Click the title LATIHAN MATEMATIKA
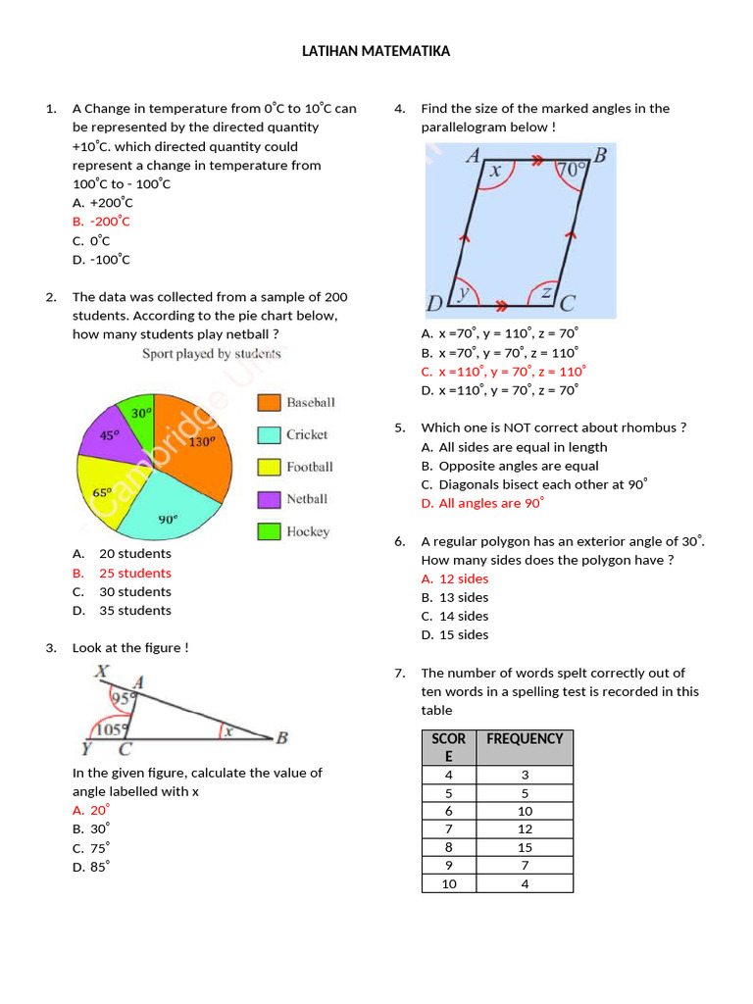click(376, 51)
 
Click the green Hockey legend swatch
click(269, 531)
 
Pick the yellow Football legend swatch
click(269, 467)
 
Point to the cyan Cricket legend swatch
click(269, 434)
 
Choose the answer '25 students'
click(134, 573)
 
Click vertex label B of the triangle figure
click(281, 738)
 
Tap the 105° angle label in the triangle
click(111, 729)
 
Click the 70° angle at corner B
click(571, 171)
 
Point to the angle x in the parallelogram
click(495, 171)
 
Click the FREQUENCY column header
click(524, 738)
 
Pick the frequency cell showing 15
click(524, 847)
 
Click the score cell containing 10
click(449, 884)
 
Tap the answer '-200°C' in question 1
click(110, 222)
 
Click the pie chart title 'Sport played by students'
click(212, 354)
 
